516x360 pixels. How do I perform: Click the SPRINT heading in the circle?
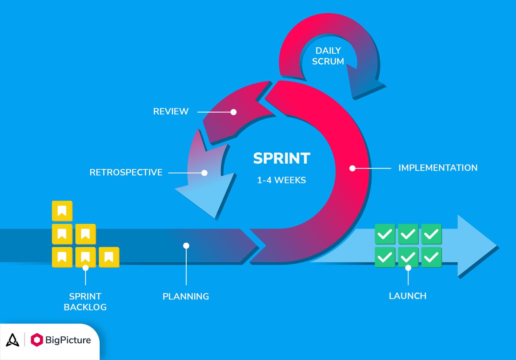point(281,159)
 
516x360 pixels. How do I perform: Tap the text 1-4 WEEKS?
point(281,180)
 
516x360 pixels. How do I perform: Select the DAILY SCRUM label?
point(328,56)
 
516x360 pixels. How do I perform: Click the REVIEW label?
point(171,112)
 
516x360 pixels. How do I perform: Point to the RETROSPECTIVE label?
point(126,173)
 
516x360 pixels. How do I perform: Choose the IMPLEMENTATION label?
point(438,168)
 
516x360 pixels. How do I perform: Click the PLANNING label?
point(186,296)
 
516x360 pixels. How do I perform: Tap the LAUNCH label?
point(408,296)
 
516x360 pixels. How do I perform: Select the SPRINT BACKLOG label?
point(85,302)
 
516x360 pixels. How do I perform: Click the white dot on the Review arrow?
point(233,112)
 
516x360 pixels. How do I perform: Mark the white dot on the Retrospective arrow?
point(204,173)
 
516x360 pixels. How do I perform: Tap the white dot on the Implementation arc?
point(352,168)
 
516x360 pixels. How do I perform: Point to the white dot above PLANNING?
point(186,246)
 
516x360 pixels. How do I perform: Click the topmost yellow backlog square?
point(62,211)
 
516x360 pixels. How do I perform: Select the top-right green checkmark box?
point(431,234)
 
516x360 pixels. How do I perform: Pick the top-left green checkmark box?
point(385,234)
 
